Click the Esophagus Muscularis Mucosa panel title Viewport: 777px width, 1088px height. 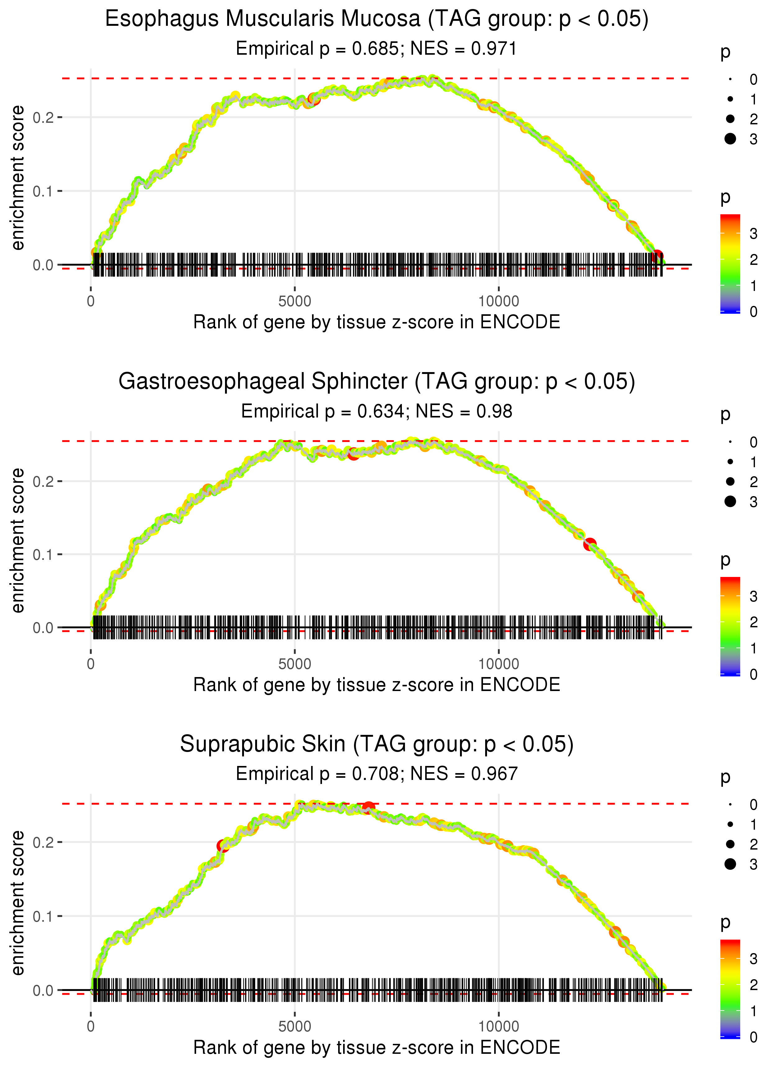click(377, 19)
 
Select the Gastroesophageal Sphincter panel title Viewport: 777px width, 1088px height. click(377, 382)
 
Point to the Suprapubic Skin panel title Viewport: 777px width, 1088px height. click(377, 745)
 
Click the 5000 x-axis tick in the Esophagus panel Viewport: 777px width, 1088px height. click(295, 302)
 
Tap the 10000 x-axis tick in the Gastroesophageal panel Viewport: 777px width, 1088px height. click(499, 664)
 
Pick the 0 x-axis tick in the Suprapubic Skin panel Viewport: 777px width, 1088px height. click(91, 1027)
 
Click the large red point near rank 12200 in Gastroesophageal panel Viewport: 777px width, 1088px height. click(590, 544)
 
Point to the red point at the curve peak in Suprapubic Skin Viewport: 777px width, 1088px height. click(368, 808)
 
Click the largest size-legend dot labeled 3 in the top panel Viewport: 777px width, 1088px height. click(730, 139)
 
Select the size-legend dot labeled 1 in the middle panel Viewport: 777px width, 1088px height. click(730, 462)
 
